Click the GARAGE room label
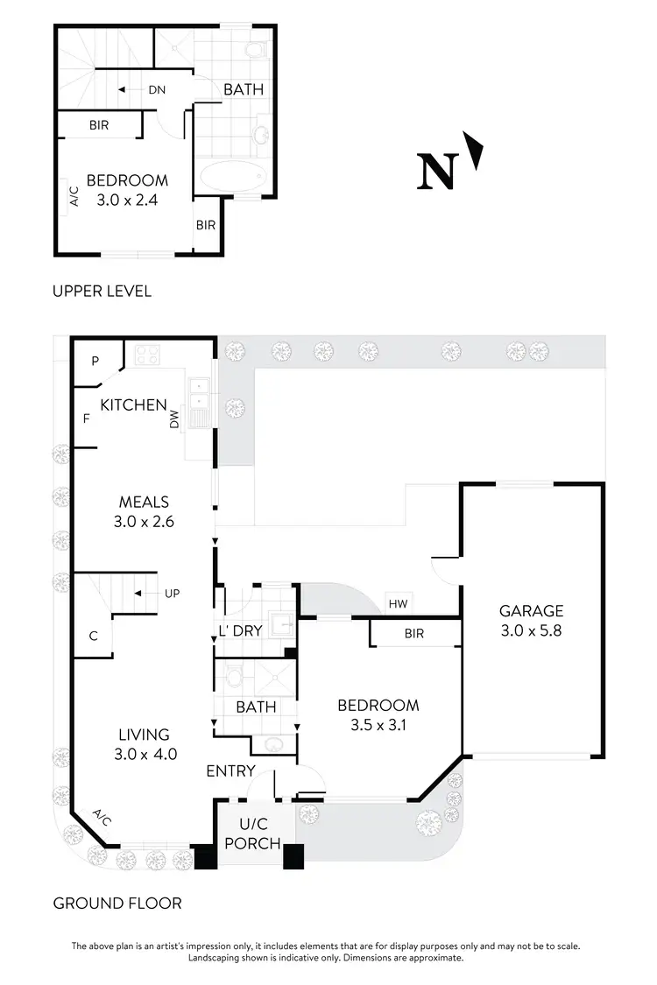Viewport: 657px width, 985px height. point(531,611)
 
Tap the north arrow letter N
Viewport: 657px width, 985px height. point(438,172)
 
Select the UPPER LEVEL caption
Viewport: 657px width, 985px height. point(102,291)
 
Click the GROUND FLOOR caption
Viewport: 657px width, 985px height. point(117,903)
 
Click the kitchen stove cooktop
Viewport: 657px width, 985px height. point(145,355)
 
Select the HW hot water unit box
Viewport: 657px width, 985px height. point(398,604)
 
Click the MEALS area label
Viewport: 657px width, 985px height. point(144,503)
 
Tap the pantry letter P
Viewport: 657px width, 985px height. point(95,360)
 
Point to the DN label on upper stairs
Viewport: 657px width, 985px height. point(157,89)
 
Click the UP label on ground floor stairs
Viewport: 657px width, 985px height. point(172,594)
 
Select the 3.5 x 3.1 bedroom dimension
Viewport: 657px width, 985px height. point(378,724)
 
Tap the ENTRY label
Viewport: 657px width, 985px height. point(230,771)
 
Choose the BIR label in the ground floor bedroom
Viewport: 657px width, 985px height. point(413,633)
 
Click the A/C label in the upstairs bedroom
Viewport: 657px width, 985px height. point(74,195)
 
